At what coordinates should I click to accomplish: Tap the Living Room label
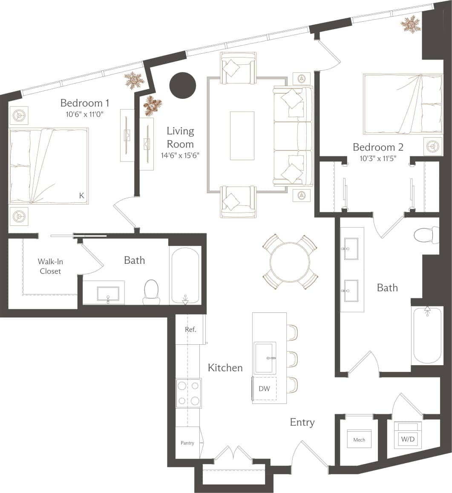[x=180, y=137]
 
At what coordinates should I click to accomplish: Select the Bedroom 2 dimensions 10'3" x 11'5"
[x=378, y=158]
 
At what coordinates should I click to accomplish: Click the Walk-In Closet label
[x=50, y=266]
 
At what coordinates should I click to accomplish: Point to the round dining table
[x=289, y=262]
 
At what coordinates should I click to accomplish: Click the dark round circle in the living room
[x=183, y=85]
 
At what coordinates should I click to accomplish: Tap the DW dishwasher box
[x=264, y=389]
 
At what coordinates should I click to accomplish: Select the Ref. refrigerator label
[x=190, y=329]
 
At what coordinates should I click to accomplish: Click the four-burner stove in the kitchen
[x=189, y=393]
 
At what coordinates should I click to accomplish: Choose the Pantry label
[x=187, y=443]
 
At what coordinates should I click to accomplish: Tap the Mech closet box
[x=359, y=440]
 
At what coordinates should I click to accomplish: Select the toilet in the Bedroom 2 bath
[x=426, y=235]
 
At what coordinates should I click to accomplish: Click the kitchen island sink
[x=265, y=357]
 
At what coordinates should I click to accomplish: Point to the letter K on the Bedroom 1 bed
[x=81, y=196]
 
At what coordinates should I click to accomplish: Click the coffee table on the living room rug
[x=242, y=136]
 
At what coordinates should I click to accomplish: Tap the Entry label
[x=302, y=422]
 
